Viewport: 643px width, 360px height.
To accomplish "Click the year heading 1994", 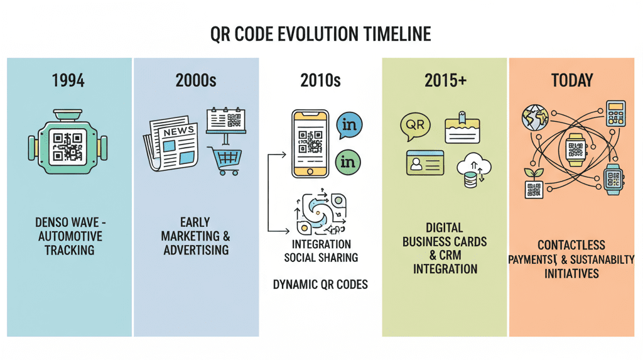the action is click(68, 80).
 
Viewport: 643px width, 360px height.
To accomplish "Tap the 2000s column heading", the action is click(196, 80).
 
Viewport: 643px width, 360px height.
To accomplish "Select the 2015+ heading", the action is click(445, 80).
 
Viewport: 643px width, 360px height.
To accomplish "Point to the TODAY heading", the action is click(572, 80).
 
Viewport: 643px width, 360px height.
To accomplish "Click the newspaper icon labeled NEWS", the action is click(171, 143).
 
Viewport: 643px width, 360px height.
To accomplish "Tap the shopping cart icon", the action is click(225, 161).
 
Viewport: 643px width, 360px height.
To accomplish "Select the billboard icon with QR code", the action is click(226, 126).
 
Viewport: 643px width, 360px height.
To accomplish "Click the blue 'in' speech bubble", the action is click(349, 125).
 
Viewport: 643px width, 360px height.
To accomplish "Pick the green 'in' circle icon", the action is click(348, 162).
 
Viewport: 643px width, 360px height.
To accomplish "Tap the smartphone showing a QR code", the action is click(310, 143).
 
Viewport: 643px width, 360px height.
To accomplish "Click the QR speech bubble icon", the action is click(415, 126).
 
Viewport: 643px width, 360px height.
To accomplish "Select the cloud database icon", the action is click(473, 170).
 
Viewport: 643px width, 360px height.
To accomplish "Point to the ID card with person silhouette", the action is click(425, 163).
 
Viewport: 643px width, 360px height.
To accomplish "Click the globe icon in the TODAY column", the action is click(535, 117).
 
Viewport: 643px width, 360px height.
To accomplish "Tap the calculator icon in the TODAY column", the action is click(615, 113).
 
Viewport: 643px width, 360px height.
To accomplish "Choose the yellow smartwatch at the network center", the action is click(575, 150).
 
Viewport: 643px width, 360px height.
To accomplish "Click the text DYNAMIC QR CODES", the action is click(320, 285).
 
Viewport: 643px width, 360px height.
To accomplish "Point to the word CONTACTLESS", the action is click(571, 245).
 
